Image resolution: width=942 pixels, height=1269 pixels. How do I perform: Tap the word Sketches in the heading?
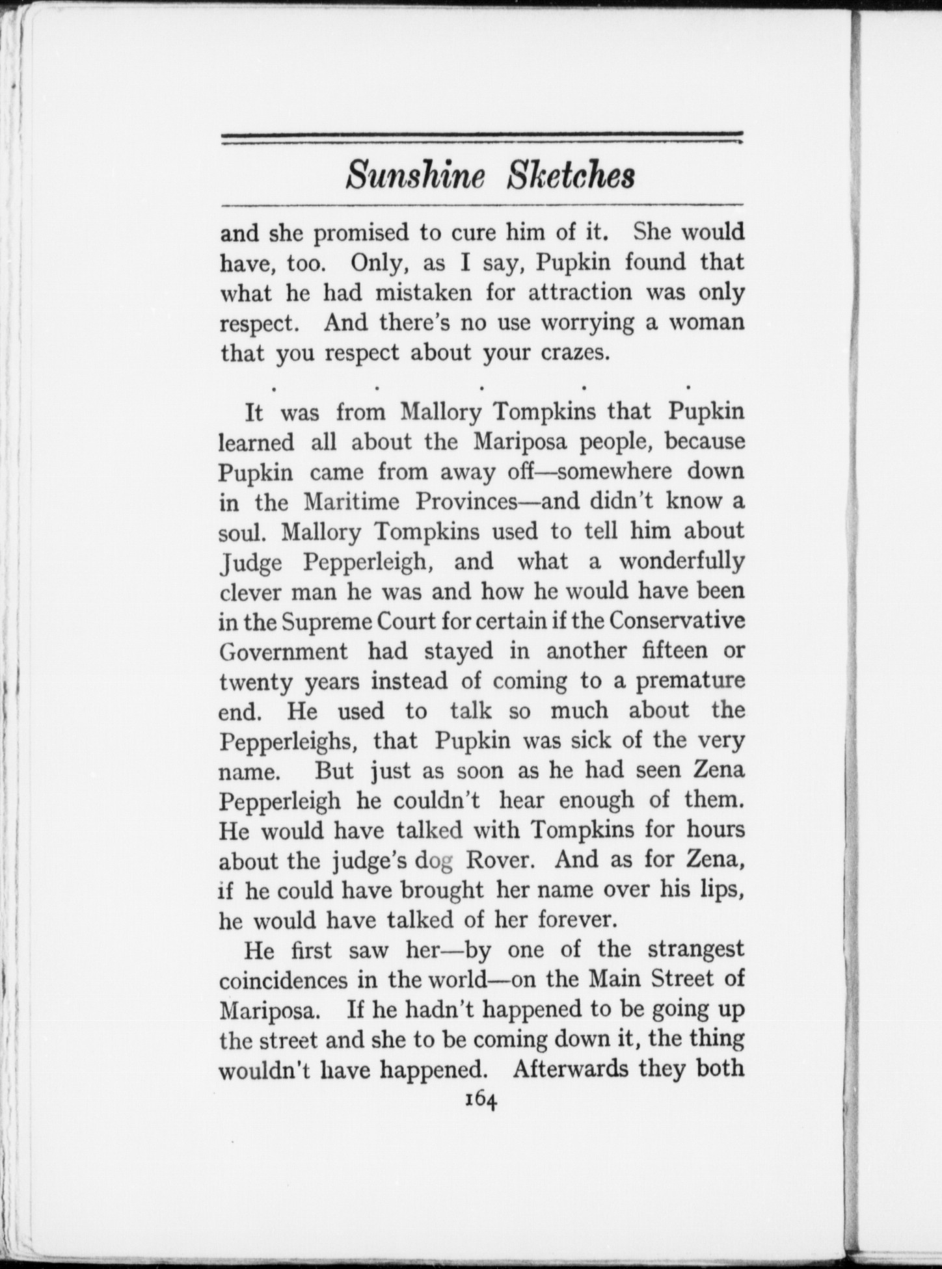570,176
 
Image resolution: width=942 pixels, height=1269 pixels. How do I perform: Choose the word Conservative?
677,621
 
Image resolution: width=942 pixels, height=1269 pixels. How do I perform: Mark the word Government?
284,651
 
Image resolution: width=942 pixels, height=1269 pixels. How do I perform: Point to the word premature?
690,681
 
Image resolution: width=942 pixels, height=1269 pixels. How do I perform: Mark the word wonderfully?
681,561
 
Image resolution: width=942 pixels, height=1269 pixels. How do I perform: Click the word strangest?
695,949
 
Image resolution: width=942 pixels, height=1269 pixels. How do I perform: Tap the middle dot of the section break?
481,387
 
